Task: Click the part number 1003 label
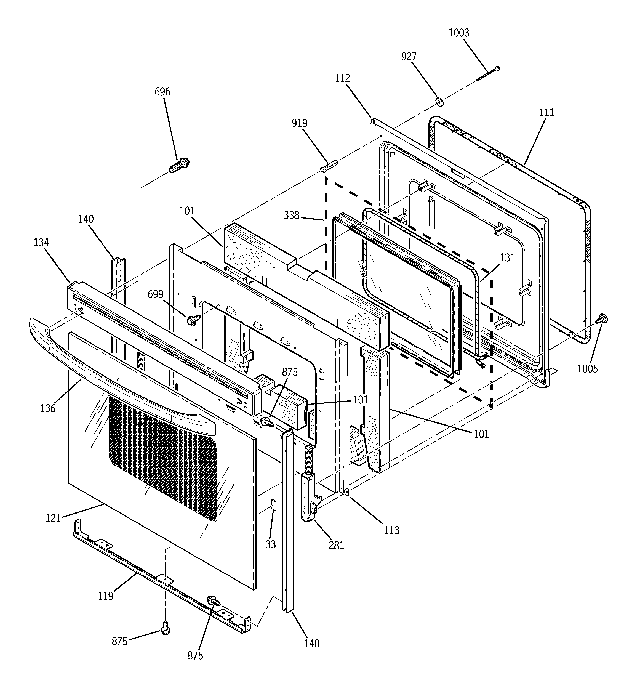click(x=458, y=33)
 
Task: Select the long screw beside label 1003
click(x=487, y=74)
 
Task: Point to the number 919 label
click(x=299, y=123)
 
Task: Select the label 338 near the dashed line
click(x=291, y=216)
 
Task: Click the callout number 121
click(x=53, y=518)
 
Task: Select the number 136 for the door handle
click(x=48, y=408)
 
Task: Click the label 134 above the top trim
click(x=41, y=243)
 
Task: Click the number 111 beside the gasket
click(x=546, y=113)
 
